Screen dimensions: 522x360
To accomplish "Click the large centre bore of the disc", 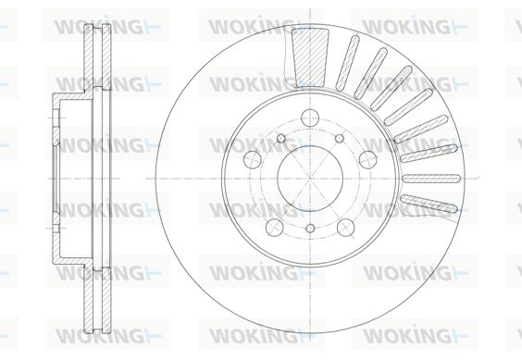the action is coord(310,179).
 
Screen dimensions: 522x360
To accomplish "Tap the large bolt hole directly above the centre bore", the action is coord(310,118).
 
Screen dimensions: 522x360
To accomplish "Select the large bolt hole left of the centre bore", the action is coord(253,159).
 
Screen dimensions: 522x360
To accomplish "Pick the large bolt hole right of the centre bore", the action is coord(367,159).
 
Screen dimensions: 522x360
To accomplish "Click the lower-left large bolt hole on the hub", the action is coord(275,227).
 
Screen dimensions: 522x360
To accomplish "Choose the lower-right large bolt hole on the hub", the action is coord(345,227).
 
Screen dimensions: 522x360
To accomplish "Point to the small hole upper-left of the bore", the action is coord(281,138).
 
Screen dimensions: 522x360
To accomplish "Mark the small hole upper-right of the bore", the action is coord(339,138).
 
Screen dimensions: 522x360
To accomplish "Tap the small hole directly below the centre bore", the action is coord(310,228).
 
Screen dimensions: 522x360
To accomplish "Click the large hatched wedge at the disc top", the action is coord(310,57).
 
